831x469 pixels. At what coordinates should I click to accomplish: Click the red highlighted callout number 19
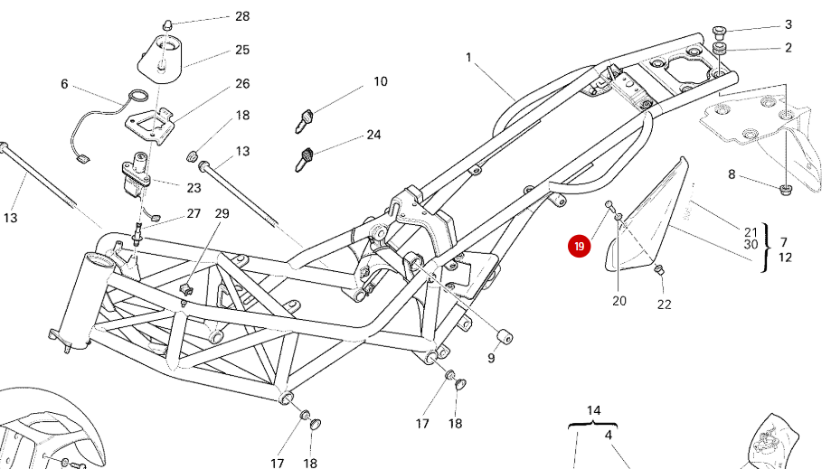coord(579,246)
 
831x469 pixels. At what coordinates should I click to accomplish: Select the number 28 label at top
coord(242,16)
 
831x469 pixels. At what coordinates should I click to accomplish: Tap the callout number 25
coord(242,50)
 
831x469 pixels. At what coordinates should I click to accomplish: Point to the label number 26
coord(242,83)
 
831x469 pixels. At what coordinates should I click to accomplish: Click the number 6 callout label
coord(64,84)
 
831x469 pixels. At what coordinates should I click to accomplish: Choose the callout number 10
coord(380,81)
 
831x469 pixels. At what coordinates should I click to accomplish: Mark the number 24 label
coord(373,135)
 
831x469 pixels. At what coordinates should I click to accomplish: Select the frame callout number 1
coord(469,57)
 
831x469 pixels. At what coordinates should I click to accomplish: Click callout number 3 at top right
coord(788,24)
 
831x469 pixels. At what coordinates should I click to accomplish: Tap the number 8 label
coord(732,174)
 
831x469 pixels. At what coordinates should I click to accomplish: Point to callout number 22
coord(664,305)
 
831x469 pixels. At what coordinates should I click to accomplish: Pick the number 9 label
coord(492,359)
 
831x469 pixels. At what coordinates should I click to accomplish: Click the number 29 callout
coord(222,213)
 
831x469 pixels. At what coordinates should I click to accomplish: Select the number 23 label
coord(194,188)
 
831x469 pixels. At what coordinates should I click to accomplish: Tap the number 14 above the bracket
coord(593,410)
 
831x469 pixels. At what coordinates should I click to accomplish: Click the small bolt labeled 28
coord(167,23)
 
